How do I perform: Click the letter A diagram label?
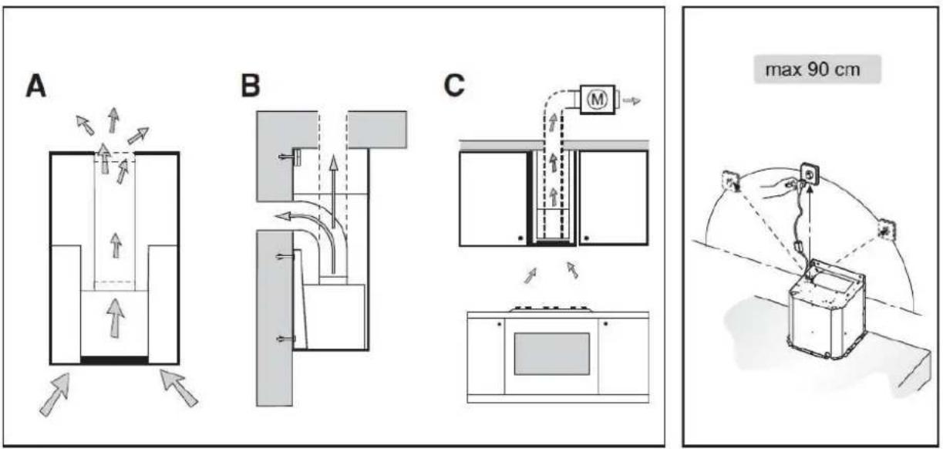[x=35, y=87]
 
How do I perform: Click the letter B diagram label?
[x=251, y=86]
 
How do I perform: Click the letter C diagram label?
[x=455, y=86]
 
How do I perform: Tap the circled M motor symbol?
[x=597, y=100]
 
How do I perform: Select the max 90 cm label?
[x=813, y=69]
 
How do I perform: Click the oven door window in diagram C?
[x=552, y=354]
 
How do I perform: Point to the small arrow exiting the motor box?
[x=632, y=100]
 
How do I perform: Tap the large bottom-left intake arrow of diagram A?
[x=55, y=394]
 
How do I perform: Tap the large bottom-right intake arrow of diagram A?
[x=179, y=388]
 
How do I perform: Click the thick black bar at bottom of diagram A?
[x=115, y=360]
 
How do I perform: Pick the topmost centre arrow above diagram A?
[x=113, y=120]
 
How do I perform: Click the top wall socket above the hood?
[x=810, y=174]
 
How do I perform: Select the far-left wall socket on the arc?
[x=732, y=181]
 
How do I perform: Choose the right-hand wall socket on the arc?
[x=886, y=230]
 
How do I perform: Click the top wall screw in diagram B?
[x=289, y=157]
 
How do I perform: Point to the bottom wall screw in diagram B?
[x=285, y=339]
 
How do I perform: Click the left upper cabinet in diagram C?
[x=493, y=198]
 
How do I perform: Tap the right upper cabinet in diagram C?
[x=613, y=197]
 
